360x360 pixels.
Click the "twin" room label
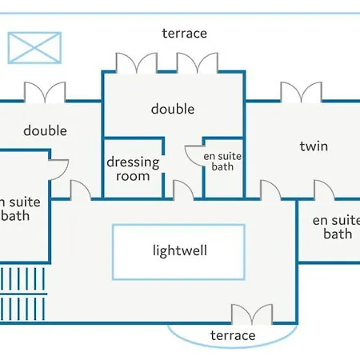click(x=314, y=146)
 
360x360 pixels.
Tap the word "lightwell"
click(x=180, y=250)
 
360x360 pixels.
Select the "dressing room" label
click(x=133, y=169)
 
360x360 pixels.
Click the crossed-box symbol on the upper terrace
click(x=34, y=48)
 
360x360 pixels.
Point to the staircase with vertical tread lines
click(x=22, y=294)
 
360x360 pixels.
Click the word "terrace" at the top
click(x=185, y=34)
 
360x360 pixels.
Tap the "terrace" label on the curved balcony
click(x=233, y=335)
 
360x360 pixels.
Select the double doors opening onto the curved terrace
click(x=252, y=314)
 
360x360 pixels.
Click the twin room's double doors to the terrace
click(x=302, y=92)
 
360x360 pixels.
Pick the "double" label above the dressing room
click(x=173, y=109)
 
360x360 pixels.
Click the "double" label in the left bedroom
click(x=45, y=130)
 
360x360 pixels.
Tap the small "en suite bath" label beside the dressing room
click(x=222, y=162)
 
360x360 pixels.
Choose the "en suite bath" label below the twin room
click(x=337, y=227)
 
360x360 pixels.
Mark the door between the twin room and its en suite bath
click(x=325, y=190)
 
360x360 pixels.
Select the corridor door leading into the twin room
click(x=270, y=190)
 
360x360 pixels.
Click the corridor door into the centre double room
click(x=183, y=190)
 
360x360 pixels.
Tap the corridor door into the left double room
click(x=81, y=190)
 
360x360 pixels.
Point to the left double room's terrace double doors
click(x=45, y=92)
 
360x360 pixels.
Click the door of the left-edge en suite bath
click(x=58, y=170)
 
